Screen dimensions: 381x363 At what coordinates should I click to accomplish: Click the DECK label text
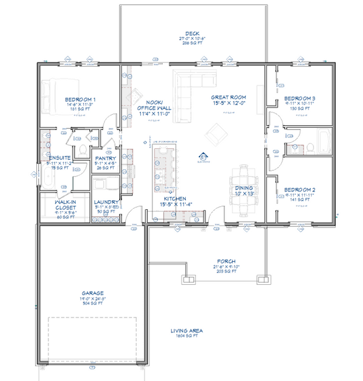192,34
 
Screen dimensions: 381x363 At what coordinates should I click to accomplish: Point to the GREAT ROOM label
228,97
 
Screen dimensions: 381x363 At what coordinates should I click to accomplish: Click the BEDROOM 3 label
300,98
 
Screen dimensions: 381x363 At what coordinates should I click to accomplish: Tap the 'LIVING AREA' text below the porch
186,331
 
